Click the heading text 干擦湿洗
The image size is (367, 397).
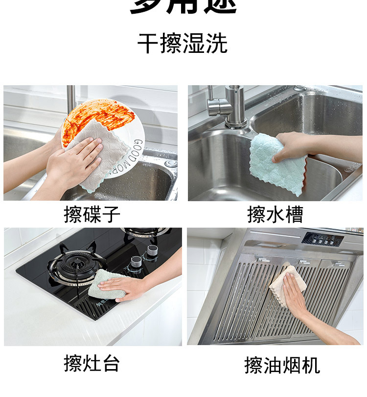coord(183,44)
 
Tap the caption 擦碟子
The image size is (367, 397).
coord(92,214)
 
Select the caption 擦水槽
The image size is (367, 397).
coord(275,214)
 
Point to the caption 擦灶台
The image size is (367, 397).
coord(92,363)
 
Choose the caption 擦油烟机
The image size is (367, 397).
coord(282,365)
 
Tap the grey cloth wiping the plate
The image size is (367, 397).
coord(100,157)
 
